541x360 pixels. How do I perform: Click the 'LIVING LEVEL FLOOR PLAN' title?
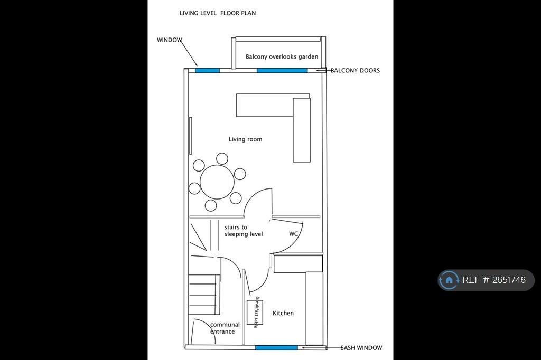point(218,13)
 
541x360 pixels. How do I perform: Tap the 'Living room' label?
point(245,139)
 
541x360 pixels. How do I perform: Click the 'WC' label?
point(294,233)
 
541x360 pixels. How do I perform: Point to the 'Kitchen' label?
point(283,313)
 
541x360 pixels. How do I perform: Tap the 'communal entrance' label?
point(225,328)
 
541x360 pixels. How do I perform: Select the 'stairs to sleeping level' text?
point(243,231)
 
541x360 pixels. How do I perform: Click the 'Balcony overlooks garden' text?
point(282,56)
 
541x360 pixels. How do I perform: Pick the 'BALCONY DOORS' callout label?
point(355,70)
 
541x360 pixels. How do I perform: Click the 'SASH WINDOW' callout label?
point(361,348)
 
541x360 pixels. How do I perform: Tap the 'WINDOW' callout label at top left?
point(170,40)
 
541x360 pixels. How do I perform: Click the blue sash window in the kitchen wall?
point(276,347)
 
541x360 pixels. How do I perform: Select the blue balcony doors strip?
point(282,70)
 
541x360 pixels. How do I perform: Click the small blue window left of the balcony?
point(207,70)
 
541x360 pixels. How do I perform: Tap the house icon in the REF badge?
point(449,280)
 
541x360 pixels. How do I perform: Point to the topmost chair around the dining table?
point(222,158)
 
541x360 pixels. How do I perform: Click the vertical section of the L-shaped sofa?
point(302,129)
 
